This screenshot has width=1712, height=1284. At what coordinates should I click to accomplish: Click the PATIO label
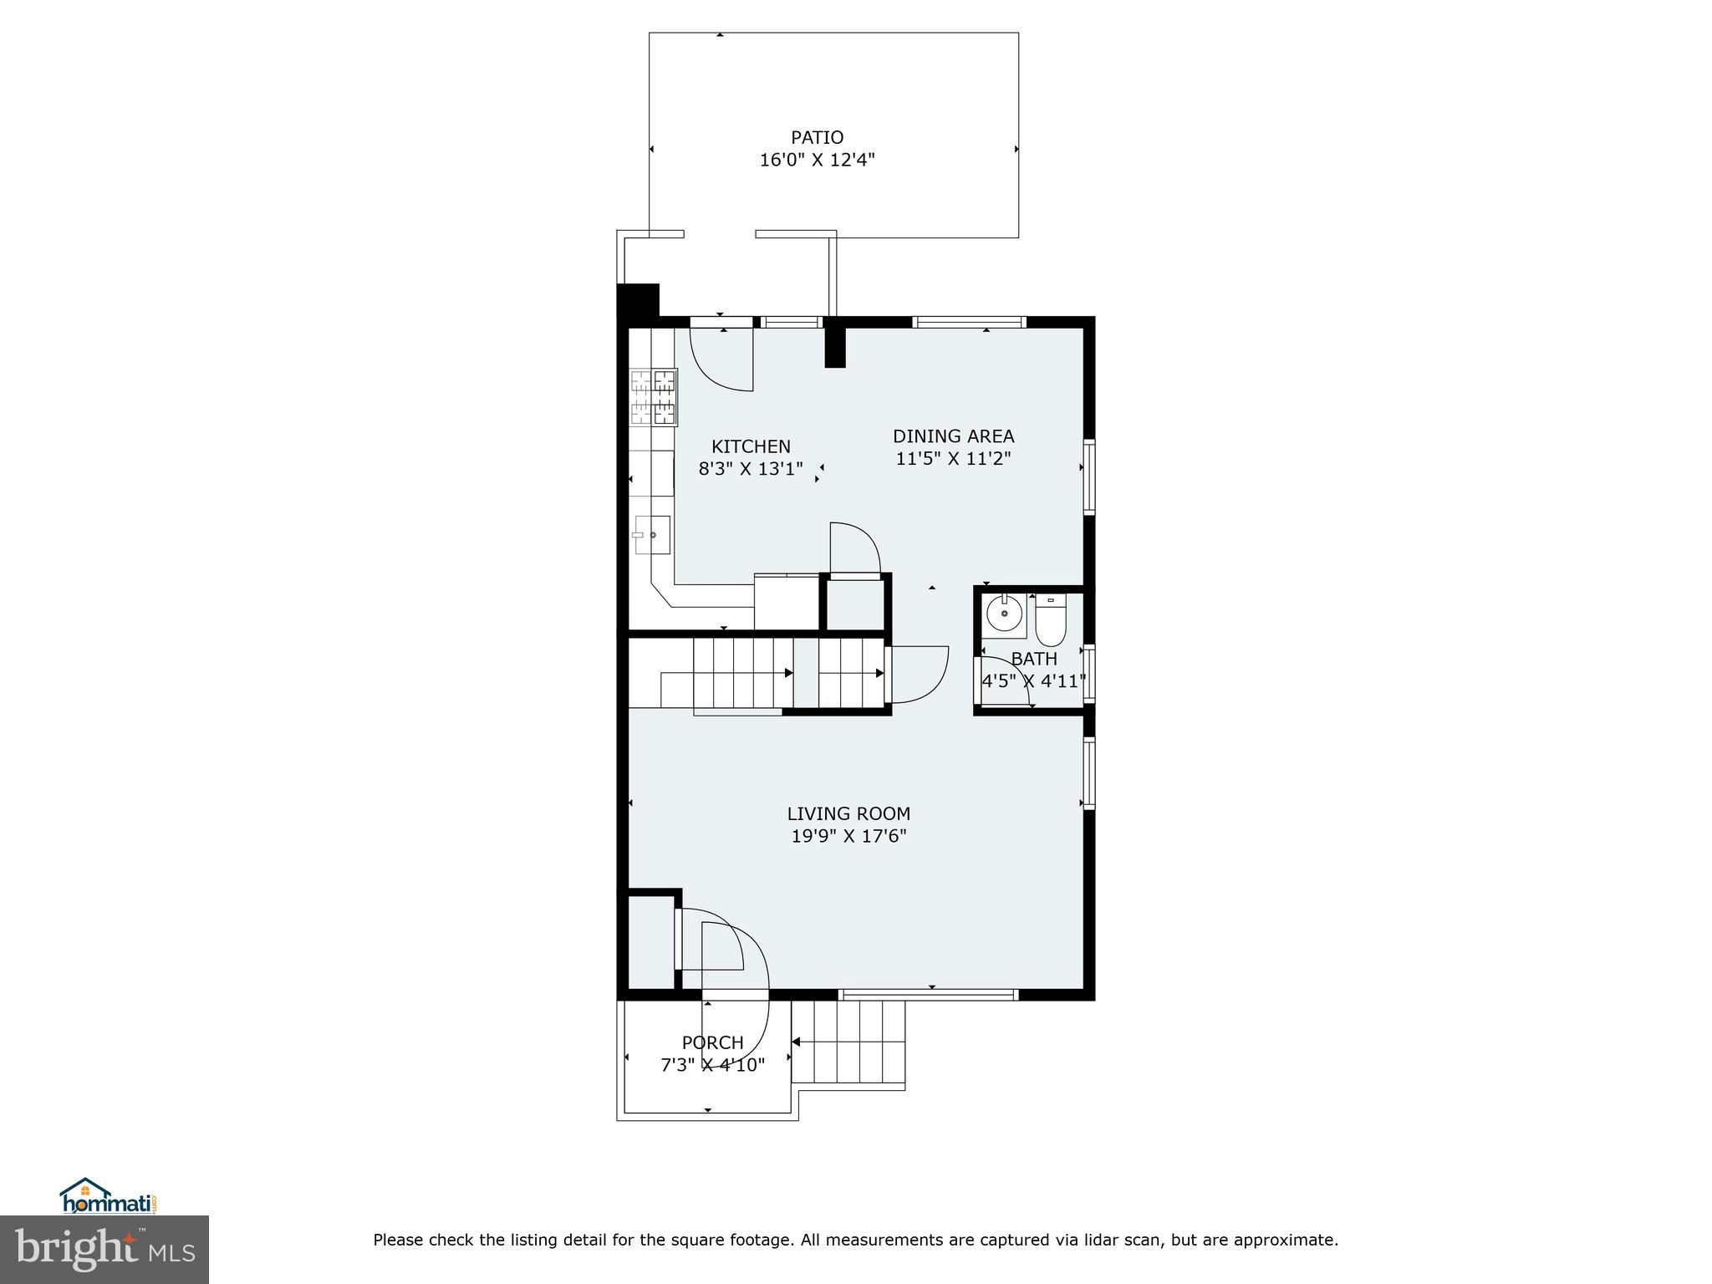click(x=817, y=137)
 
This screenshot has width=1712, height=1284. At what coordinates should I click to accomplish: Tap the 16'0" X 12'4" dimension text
click(x=817, y=160)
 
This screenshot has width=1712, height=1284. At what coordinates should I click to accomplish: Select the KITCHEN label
click(x=751, y=446)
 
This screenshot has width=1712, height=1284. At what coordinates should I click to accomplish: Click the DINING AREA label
click(x=953, y=436)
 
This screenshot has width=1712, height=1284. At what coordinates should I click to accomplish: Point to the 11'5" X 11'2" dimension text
click(x=953, y=458)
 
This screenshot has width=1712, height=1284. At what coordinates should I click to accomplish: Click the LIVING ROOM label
click(x=848, y=813)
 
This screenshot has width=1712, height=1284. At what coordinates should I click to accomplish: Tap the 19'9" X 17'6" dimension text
click(x=848, y=836)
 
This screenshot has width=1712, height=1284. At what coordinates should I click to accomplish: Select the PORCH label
click(x=712, y=1042)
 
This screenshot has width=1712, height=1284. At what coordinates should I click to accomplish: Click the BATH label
click(x=1034, y=659)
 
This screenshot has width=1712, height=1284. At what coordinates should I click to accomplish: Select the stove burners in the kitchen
click(x=654, y=396)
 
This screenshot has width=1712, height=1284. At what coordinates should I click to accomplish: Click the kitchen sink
click(x=651, y=534)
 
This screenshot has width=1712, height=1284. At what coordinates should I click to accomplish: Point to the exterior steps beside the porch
click(x=850, y=1042)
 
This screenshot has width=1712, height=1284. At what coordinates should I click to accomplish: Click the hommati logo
click(x=108, y=1196)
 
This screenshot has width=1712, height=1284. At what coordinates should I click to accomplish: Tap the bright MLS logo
click(x=104, y=1249)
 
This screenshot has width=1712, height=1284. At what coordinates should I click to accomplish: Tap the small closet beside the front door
click(x=650, y=943)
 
